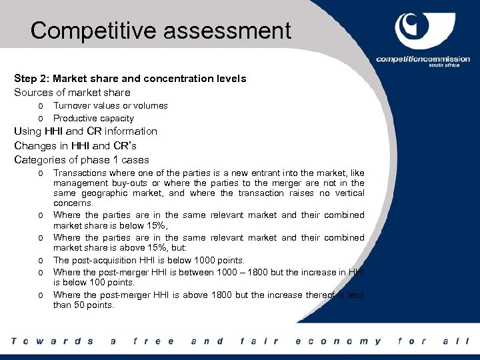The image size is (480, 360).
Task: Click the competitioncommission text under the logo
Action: [423, 59]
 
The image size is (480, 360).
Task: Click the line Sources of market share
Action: [73, 93]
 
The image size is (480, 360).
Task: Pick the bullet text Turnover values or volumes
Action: [111, 106]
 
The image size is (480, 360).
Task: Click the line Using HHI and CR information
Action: [86, 131]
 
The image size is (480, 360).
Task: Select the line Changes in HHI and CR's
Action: [75, 145]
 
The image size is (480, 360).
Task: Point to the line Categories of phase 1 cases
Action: [82, 159]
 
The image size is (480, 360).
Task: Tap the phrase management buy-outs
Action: [96, 183]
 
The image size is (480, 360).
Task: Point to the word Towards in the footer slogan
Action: [53, 341]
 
